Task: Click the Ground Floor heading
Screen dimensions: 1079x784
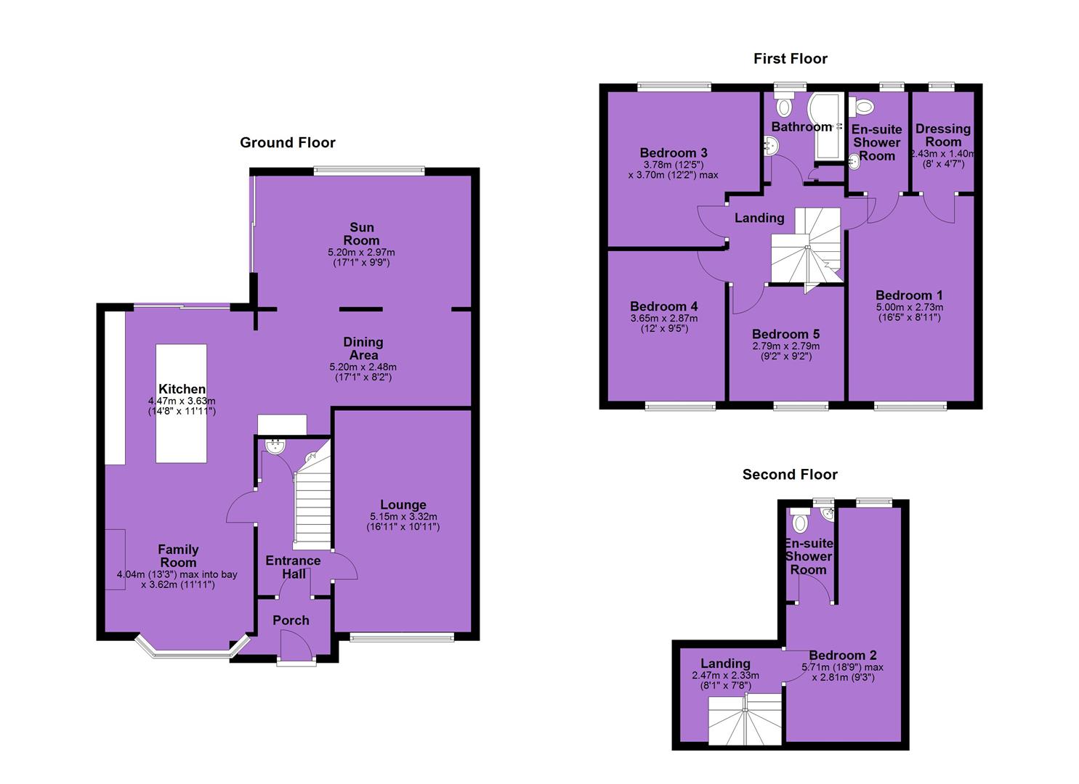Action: (288, 142)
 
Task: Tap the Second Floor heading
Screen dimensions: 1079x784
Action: (790, 475)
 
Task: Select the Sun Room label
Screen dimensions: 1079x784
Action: (361, 234)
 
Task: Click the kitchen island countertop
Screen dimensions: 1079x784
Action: (181, 404)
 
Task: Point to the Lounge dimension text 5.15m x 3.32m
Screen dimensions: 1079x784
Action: (404, 516)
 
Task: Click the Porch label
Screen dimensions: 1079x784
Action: (291, 621)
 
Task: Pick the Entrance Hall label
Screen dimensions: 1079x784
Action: (294, 567)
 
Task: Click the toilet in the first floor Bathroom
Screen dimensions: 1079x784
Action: (784, 104)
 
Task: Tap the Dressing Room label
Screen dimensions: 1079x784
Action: (942, 135)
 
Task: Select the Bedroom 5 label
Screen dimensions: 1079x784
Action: (785, 334)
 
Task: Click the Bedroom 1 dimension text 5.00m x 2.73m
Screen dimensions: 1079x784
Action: (910, 307)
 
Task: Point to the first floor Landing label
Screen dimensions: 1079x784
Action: (759, 218)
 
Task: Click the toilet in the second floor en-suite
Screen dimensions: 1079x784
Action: (800, 520)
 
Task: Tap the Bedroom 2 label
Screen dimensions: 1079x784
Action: (842, 655)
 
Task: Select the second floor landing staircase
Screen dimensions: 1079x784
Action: (745, 719)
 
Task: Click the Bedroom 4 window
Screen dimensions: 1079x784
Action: (680, 407)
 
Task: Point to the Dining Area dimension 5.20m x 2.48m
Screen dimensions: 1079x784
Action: (363, 367)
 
